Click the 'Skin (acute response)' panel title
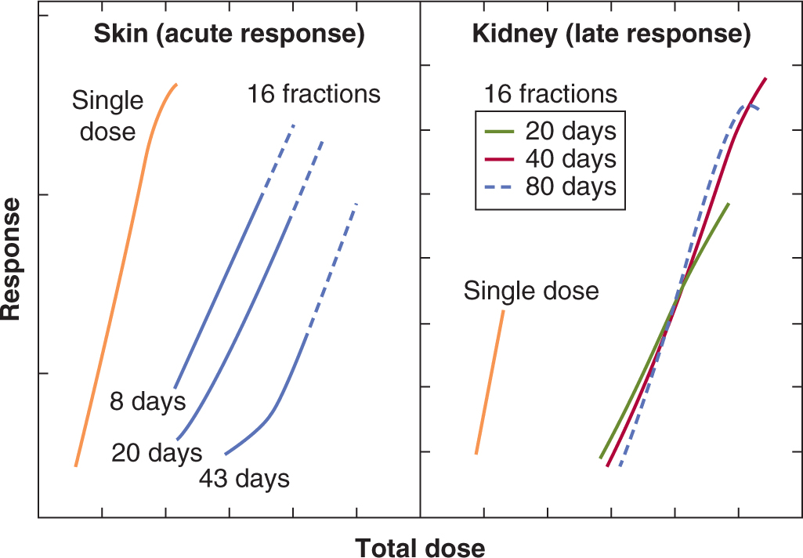click(x=228, y=34)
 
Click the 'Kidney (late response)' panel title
click(x=611, y=34)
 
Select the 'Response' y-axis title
click(x=12, y=258)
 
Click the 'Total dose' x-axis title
click(x=421, y=547)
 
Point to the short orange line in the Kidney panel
click(x=490, y=382)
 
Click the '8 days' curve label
click(x=148, y=402)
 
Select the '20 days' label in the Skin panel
click(x=157, y=452)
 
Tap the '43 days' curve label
click(x=244, y=478)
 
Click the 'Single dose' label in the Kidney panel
click(x=531, y=292)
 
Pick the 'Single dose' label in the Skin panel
click(x=108, y=116)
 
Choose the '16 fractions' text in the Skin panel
click(x=314, y=95)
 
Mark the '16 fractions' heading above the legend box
click(x=549, y=95)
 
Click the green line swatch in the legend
click(x=499, y=130)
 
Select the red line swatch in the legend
click(x=499, y=159)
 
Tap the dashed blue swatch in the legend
click(x=499, y=188)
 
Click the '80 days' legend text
click(x=570, y=188)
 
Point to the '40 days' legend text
click(x=570, y=159)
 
